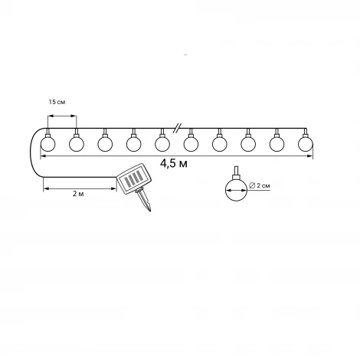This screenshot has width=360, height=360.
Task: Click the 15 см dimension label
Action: click(x=57, y=102)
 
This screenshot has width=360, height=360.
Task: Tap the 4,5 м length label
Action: click(x=174, y=163)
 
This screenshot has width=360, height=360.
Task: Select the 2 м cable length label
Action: click(x=78, y=194)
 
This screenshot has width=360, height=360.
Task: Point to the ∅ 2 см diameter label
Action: click(x=259, y=185)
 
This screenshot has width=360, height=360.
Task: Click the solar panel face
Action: click(x=134, y=178)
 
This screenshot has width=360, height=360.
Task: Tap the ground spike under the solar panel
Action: click(x=144, y=200)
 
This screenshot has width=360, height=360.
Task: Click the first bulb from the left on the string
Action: click(x=47, y=144)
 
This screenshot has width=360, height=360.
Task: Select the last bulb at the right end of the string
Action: click(x=306, y=144)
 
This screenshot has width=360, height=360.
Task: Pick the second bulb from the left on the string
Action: click(x=77, y=144)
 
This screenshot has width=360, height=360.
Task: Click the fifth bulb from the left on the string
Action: click(x=162, y=144)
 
